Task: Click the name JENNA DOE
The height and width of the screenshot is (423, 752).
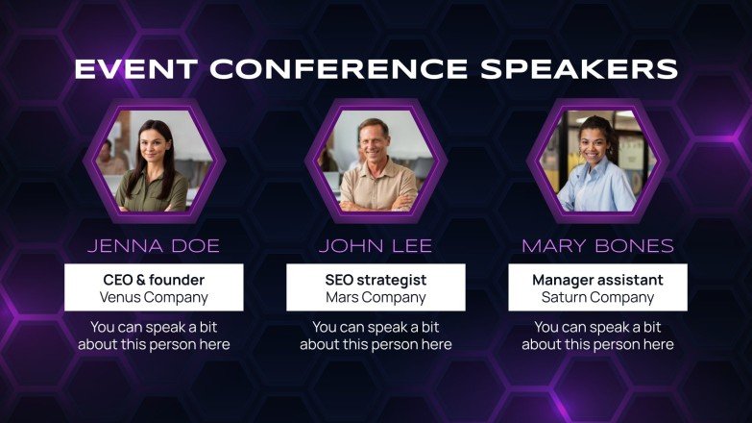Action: pyautogui.click(x=154, y=246)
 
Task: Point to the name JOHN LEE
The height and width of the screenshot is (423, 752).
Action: pyautogui.click(x=376, y=246)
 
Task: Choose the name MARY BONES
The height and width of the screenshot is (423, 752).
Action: pyautogui.click(x=597, y=246)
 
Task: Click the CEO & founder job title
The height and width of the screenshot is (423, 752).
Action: pyautogui.click(x=154, y=280)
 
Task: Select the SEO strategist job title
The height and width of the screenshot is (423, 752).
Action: pyautogui.click(x=376, y=280)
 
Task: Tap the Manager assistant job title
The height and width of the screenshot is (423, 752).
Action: pyautogui.click(x=597, y=280)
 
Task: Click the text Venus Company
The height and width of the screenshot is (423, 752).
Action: pyautogui.click(x=154, y=297)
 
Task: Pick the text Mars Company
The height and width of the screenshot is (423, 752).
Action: pyautogui.click(x=376, y=297)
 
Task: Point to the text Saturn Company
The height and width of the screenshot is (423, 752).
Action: pyautogui.click(x=597, y=297)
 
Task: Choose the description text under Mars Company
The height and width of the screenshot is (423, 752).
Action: pyautogui.click(x=376, y=336)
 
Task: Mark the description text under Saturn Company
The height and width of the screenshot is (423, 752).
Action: pyautogui.click(x=597, y=336)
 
